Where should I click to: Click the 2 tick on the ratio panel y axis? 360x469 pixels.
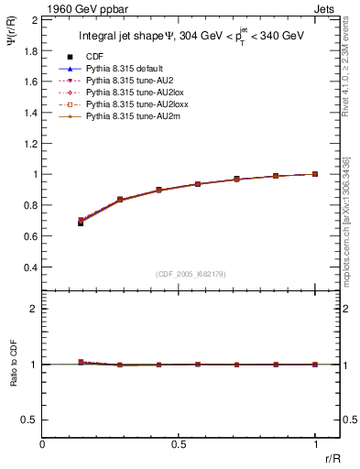click(35, 309)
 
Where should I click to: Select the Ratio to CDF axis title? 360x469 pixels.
click(14, 364)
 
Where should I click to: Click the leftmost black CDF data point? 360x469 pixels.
click(81, 223)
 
